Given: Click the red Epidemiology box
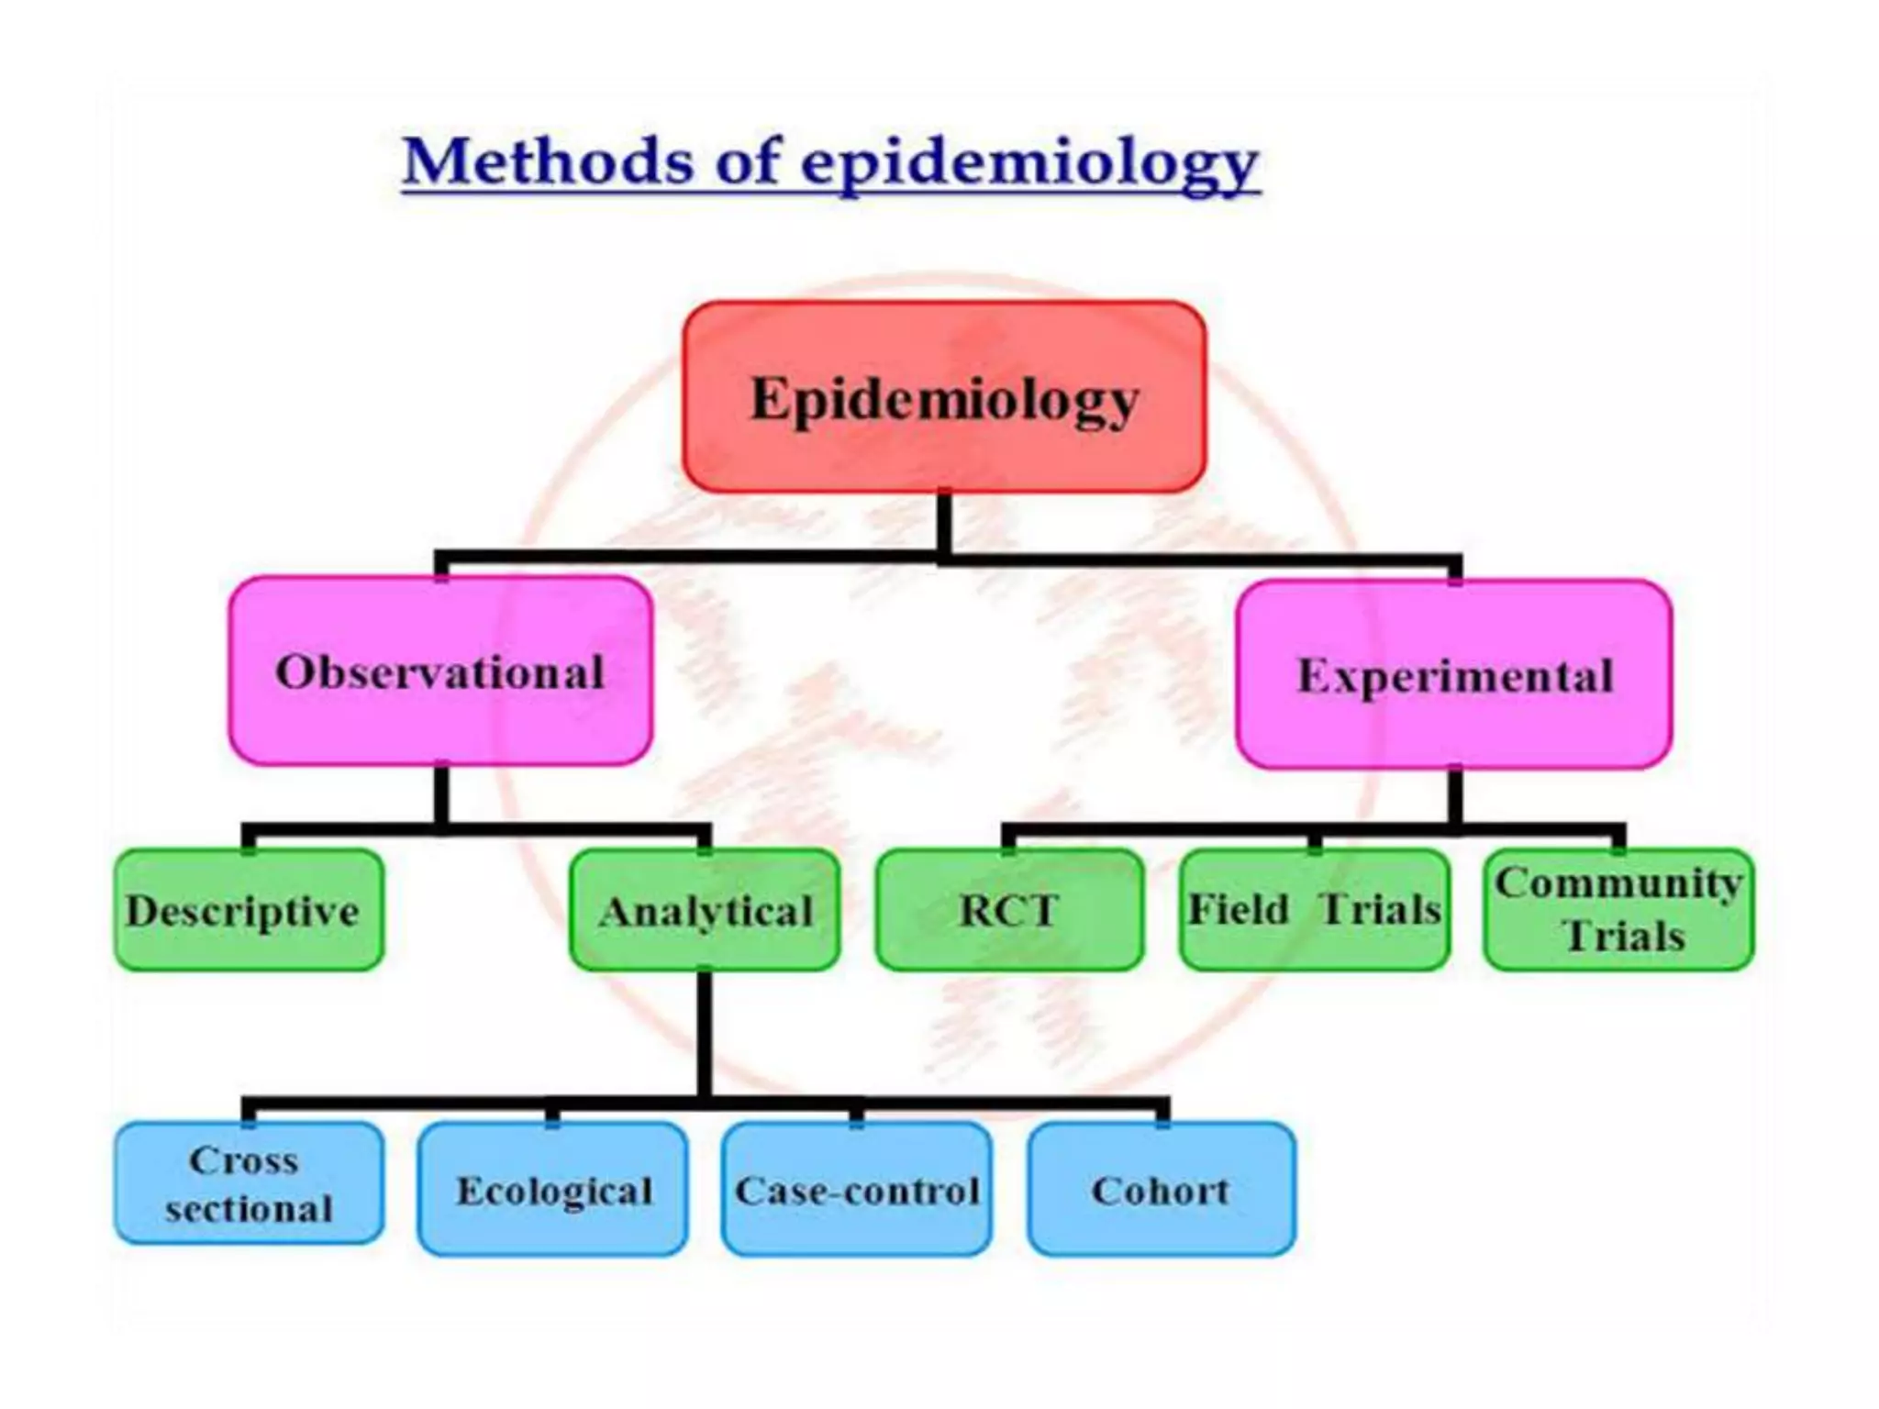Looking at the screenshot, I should [943, 396].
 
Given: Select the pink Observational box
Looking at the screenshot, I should [440, 671].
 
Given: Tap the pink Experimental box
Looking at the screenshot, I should [1454, 674].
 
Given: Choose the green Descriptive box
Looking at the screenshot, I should [249, 910].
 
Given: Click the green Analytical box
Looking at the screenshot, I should [705, 910].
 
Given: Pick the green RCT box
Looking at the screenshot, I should [1009, 910].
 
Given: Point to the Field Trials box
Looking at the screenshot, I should [1314, 910].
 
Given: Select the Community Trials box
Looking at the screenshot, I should [1618, 910].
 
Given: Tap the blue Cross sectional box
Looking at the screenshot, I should [249, 1183].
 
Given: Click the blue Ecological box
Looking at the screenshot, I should [552, 1189].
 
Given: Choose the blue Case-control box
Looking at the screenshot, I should [856, 1189].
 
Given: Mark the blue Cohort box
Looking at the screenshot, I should [1161, 1189].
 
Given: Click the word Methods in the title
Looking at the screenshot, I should [547, 161].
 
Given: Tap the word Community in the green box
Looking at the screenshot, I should [1618, 882].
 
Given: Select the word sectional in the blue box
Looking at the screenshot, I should [249, 1209].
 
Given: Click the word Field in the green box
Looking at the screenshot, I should [1239, 909].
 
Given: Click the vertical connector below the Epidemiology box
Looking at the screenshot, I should [943, 523].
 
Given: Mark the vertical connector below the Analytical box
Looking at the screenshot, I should [705, 1032].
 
